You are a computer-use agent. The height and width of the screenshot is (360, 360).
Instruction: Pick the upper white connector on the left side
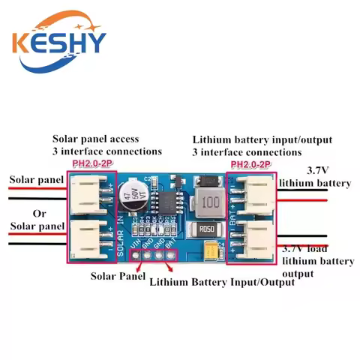(91, 192)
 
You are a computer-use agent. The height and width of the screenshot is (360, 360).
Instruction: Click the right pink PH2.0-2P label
(250, 164)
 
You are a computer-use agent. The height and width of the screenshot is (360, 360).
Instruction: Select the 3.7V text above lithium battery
(314, 170)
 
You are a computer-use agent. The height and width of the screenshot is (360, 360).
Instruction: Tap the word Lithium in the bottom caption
(171, 283)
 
